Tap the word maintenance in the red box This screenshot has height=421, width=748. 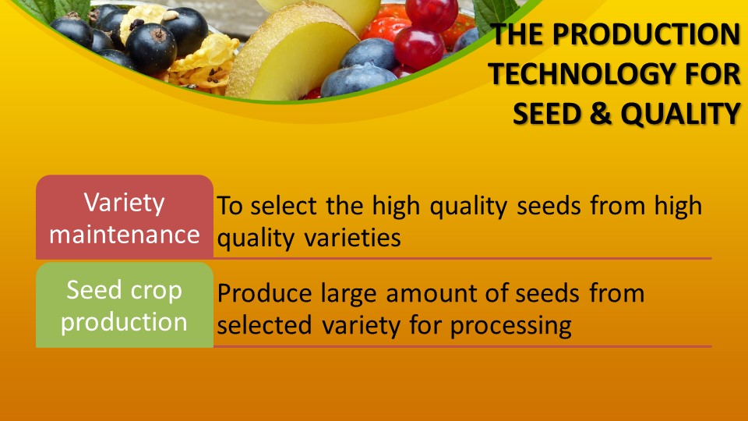pyautogui.click(x=125, y=235)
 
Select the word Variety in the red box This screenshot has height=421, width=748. pyautogui.click(x=125, y=203)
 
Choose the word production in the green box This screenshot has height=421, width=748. pyautogui.click(x=125, y=322)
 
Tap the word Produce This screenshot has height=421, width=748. pyautogui.click(x=265, y=294)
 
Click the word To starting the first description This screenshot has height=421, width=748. pyautogui.click(x=228, y=206)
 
